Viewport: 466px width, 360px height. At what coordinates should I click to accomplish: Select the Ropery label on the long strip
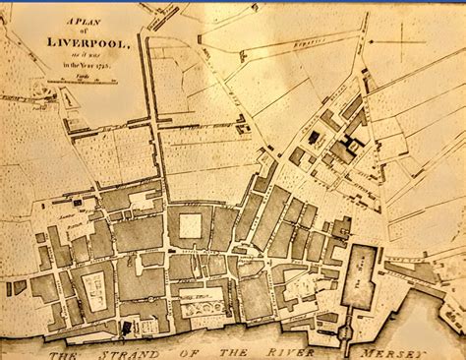[320, 44]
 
